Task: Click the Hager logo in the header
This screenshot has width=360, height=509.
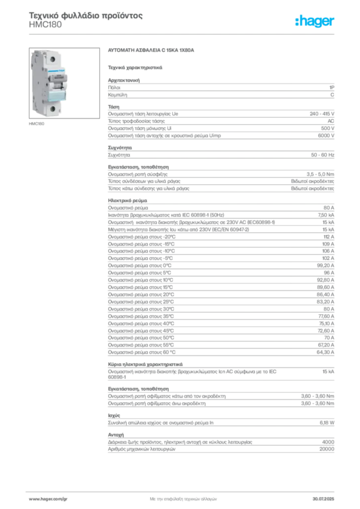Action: pyautogui.click(x=314, y=21)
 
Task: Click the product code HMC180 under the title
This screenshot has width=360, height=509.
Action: pyautogui.click(x=45, y=25)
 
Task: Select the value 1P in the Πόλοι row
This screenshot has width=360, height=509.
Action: pyautogui.click(x=332, y=87)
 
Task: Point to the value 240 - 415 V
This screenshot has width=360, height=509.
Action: pyautogui.click(x=322, y=114)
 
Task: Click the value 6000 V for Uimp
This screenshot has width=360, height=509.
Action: pyautogui.click(x=326, y=136)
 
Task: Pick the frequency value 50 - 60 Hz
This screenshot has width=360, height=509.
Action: pyautogui.click(x=322, y=155)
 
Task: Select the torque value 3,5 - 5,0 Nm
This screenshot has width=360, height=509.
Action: pyautogui.click(x=320, y=174)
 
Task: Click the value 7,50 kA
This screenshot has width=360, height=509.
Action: pyautogui.click(x=326, y=215)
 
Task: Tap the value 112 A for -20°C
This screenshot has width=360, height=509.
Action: pyautogui.click(x=329, y=237)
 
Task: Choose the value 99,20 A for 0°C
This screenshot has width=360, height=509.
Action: pyautogui.click(x=325, y=265)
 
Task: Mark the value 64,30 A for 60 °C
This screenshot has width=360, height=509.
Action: pyautogui.click(x=325, y=352)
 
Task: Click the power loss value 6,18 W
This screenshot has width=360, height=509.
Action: pyautogui.click(x=327, y=423)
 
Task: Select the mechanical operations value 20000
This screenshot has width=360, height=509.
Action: pyautogui.click(x=327, y=449)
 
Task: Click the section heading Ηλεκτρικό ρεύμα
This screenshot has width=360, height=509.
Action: pyautogui.click(x=128, y=201)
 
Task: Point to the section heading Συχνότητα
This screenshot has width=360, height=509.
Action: pyautogui.click(x=120, y=148)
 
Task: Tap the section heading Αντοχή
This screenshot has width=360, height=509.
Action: pyautogui.click(x=116, y=435)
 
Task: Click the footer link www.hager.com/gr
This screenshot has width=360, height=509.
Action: pyautogui.click(x=48, y=499)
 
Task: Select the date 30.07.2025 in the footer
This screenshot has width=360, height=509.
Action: pyautogui.click(x=323, y=499)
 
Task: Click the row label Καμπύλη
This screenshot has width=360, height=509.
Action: pyautogui.click(x=117, y=95)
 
